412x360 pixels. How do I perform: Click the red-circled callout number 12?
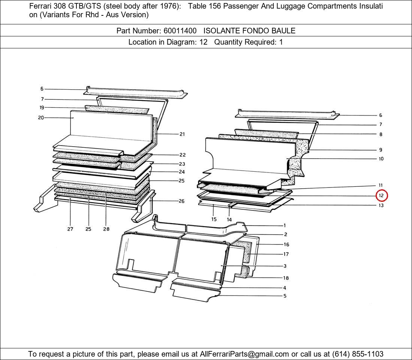[x=381, y=195]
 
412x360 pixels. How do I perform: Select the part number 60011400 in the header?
[x=180, y=31]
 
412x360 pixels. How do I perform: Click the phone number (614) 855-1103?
[x=358, y=354]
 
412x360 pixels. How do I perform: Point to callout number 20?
[x=41, y=118]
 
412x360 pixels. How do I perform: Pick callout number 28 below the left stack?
[x=106, y=229]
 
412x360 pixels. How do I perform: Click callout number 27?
[x=70, y=229]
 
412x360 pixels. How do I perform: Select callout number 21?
[x=182, y=134]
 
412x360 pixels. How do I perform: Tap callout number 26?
[x=182, y=201]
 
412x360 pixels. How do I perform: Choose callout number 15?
[x=214, y=219]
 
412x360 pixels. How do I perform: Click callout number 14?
[x=229, y=219]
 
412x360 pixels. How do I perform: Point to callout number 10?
[x=381, y=159]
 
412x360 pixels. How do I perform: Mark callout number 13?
[x=381, y=205]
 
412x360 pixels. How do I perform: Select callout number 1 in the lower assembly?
[x=285, y=225]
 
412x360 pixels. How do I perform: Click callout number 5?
[x=285, y=296]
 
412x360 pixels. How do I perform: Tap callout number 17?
[x=286, y=254]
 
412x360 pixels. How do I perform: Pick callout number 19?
[x=42, y=107]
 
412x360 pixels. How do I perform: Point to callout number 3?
[x=285, y=266]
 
